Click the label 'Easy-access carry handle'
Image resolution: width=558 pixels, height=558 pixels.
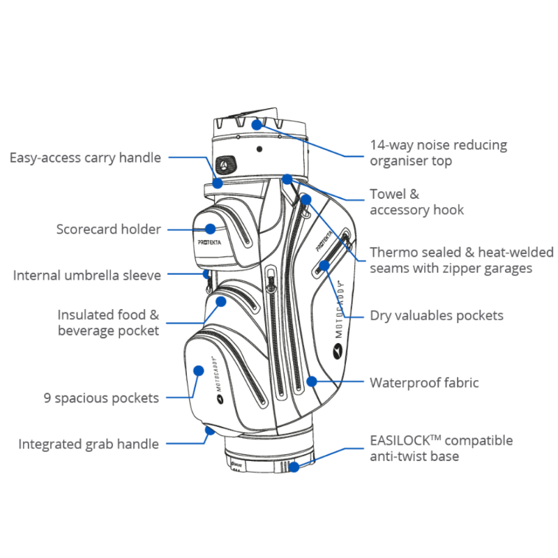(x=85, y=158)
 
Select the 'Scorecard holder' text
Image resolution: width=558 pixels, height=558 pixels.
(x=109, y=229)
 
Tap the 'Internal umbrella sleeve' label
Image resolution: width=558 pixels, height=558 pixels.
(x=87, y=276)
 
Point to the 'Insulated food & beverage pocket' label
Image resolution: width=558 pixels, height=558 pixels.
(x=108, y=323)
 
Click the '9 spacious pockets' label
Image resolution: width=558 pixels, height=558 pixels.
(x=101, y=398)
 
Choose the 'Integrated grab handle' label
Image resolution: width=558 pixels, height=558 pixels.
(x=89, y=444)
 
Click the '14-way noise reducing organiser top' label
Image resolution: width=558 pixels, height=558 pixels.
(x=438, y=153)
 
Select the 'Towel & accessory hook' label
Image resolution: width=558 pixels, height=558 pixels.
(x=416, y=202)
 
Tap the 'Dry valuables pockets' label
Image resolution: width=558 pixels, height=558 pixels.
(x=436, y=315)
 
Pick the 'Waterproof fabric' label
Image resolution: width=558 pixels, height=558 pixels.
(x=424, y=382)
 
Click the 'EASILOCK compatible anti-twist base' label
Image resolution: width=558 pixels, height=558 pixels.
(x=441, y=448)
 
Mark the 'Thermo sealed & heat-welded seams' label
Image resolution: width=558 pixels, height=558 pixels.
(x=461, y=259)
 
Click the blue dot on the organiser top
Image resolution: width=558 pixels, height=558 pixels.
(x=257, y=124)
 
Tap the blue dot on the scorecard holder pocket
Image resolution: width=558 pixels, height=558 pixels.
(x=209, y=228)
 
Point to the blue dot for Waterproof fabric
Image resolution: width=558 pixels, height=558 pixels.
(x=312, y=382)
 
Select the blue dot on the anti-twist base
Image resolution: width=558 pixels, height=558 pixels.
(x=295, y=467)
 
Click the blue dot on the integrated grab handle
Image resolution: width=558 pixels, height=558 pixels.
(x=208, y=430)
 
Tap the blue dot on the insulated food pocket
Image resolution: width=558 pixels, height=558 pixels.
(x=221, y=302)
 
